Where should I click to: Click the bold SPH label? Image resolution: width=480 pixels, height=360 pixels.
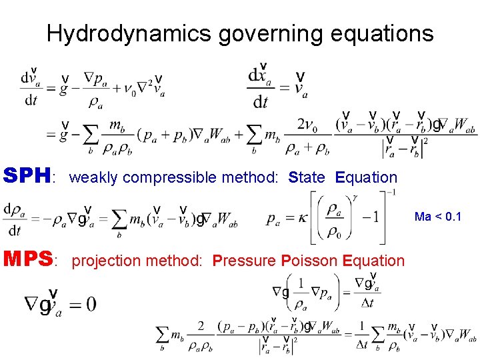27,176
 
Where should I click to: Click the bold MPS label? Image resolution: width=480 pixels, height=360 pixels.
29,259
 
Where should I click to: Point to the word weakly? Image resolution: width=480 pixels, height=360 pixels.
94,177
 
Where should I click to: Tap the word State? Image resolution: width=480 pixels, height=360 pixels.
307,177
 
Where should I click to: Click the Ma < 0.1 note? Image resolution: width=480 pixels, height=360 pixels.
437,217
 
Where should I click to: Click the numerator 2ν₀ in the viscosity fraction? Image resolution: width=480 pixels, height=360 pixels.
307,124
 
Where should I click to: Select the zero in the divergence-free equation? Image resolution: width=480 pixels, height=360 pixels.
90,305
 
